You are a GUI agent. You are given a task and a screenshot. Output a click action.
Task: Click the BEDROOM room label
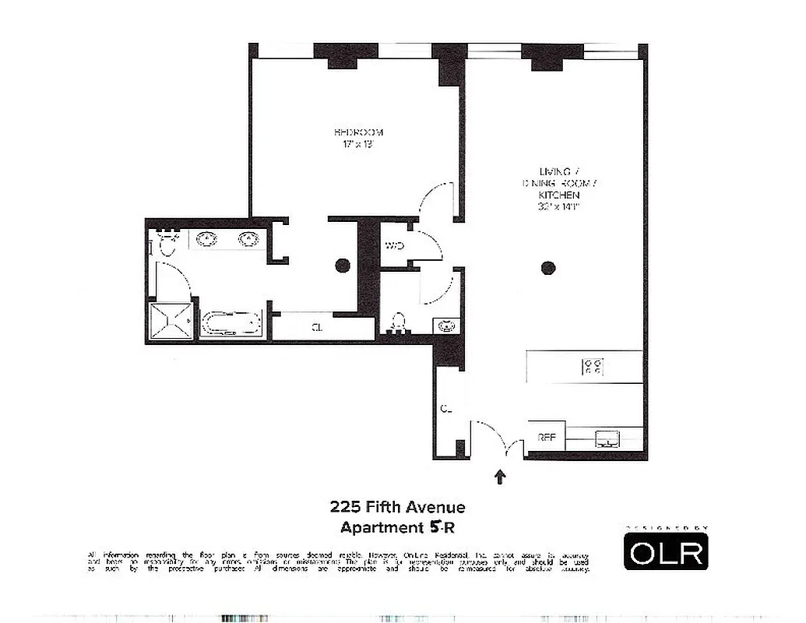pyautogui.click(x=358, y=132)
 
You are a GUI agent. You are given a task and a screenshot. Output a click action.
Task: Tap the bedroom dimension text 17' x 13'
pyautogui.click(x=358, y=144)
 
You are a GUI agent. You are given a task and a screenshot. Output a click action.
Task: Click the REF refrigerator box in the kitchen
pyautogui.click(x=547, y=438)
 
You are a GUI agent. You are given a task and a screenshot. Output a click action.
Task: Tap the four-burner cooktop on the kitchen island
pyautogui.click(x=593, y=366)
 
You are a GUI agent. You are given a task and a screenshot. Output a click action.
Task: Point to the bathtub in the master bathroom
pyautogui.click(x=231, y=323)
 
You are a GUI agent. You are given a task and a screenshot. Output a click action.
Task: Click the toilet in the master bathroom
pyautogui.click(x=167, y=245)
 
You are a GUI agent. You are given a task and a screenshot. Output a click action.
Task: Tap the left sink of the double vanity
pyautogui.click(x=207, y=239)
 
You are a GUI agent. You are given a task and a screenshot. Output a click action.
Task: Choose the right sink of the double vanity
pyautogui.click(x=248, y=239)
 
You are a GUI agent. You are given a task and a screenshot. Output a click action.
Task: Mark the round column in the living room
pyautogui.click(x=548, y=268)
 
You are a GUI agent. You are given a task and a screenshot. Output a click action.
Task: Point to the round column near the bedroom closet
pyautogui.click(x=342, y=266)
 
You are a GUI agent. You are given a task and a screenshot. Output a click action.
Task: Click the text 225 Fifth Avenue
pyautogui.click(x=397, y=508)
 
